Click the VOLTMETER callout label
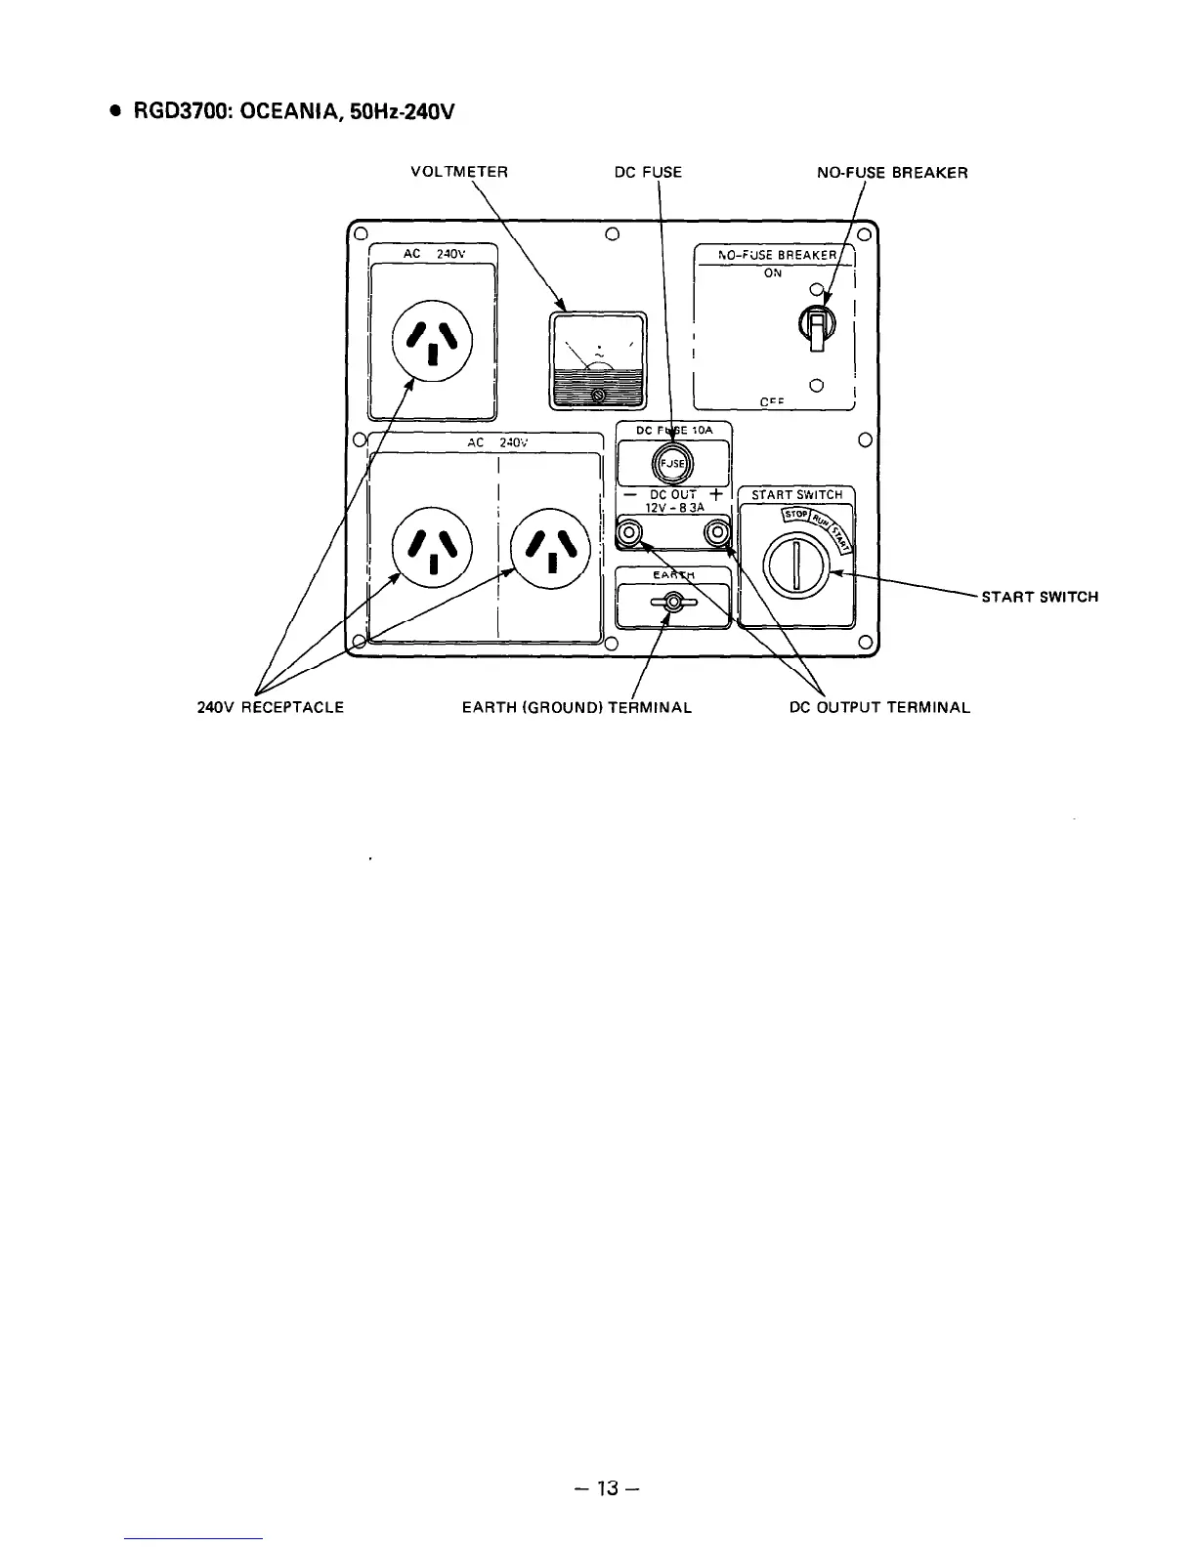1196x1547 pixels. [458, 173]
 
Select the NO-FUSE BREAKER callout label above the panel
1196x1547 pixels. [892, 173]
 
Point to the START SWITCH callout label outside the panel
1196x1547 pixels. [1040, 597]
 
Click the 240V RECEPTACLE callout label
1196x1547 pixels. [271, 707]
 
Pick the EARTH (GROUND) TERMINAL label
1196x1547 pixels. [577, 707]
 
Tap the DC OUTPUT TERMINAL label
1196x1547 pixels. [879, 707]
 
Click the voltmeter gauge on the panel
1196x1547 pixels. [598, 360]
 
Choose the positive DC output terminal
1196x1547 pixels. [718, 533]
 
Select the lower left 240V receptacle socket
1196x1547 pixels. [432, 547]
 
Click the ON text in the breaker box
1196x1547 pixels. [773, 273]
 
